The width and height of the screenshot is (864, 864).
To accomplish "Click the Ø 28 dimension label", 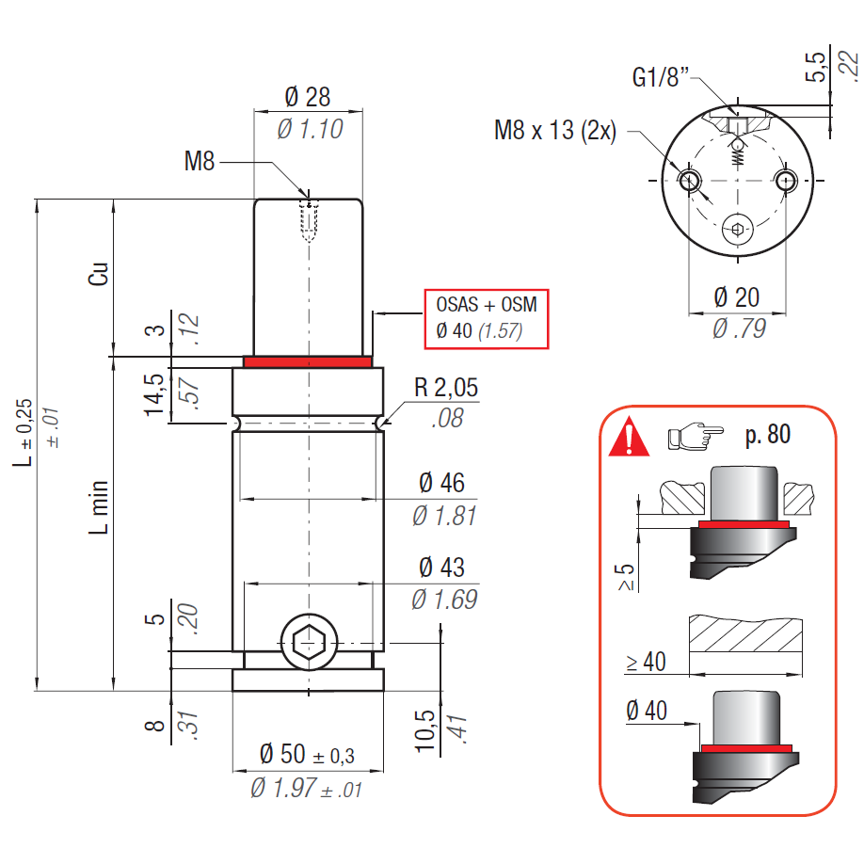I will coord(307,96).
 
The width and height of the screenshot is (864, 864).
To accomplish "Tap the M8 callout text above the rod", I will coord(200,162).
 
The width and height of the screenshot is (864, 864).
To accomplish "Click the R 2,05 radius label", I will coord(444,388).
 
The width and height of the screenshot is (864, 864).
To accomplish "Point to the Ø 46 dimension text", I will coord(441,483).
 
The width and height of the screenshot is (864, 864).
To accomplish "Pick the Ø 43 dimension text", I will coord(441,568).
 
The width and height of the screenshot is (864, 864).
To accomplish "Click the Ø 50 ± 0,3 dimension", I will coord(307,754).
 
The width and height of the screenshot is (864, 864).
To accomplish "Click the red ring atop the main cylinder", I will coord(308,360).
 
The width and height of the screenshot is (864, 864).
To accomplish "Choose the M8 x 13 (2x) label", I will coord(555,130).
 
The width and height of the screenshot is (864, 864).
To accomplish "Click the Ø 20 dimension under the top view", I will coord(736,297).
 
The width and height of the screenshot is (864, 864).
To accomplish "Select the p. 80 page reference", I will coord(767,435).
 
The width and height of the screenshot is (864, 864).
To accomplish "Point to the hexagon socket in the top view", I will coord(737,229).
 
